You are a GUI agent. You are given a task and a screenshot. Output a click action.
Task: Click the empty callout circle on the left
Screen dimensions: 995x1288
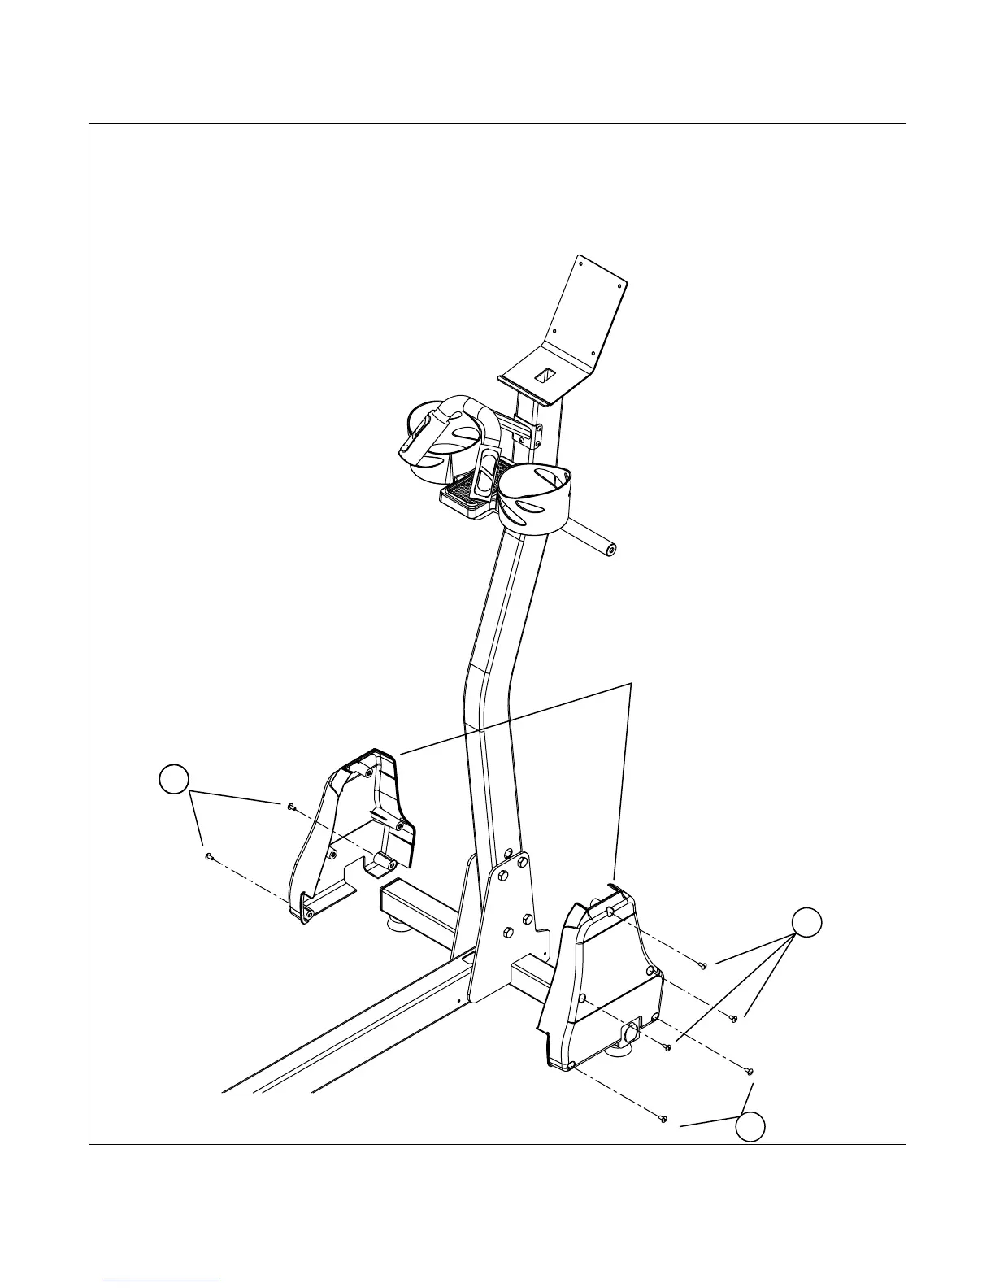(173, 780)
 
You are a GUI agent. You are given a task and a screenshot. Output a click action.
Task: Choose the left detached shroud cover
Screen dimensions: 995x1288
(350, 838)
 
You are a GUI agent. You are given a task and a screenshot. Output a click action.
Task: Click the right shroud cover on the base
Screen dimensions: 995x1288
(602, 976)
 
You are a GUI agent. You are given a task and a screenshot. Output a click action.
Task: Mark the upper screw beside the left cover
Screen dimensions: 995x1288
(290, 806)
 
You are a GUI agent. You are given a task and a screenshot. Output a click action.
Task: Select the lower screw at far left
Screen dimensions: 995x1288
(209, 856)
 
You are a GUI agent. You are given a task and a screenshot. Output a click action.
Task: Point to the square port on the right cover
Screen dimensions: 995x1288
(631, 1034)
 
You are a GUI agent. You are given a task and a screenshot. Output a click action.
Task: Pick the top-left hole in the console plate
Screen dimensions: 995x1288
(580, 261)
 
